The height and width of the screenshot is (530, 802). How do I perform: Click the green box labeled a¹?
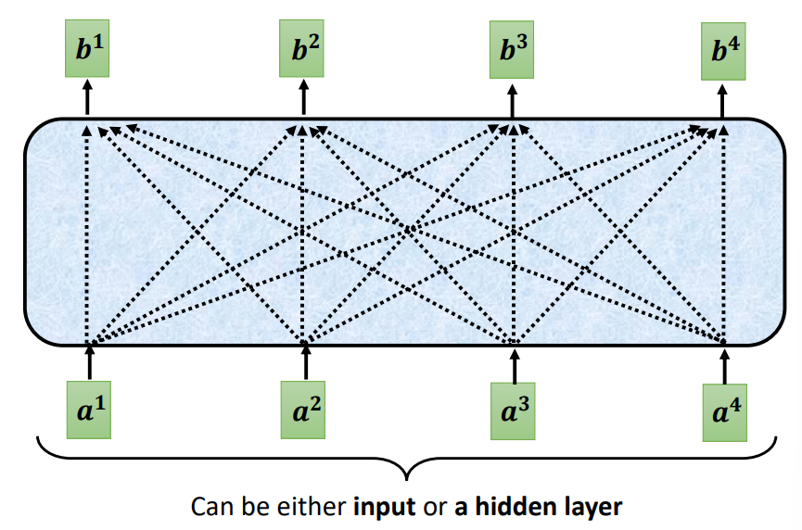point(90,405)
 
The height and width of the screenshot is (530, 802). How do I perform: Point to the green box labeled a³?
point(514,407)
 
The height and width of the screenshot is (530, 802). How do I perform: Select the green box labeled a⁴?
point(725,409)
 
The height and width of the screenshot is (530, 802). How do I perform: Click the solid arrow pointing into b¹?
point(88,97)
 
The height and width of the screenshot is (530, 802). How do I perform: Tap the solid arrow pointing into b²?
point(303,97)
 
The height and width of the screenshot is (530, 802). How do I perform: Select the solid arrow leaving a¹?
point(90,361)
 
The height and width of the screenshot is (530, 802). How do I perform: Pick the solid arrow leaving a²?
point(305,361)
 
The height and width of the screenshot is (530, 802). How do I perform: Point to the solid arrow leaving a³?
point(515,363)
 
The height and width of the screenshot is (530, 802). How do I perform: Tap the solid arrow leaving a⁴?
point(725,363)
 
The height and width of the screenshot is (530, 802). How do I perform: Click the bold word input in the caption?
point(384,508)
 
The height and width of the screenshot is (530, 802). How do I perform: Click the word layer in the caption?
point(591,508)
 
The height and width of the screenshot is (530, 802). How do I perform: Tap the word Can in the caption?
point(208,508)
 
